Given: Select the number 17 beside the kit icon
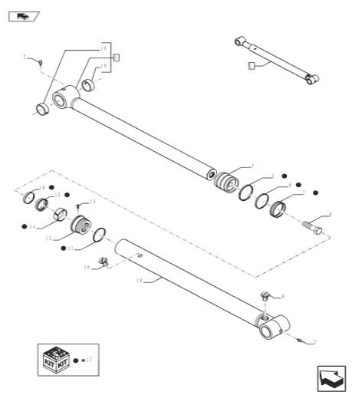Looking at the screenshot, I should point(89,359).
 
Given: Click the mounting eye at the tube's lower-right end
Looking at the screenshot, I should point(272,330).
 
